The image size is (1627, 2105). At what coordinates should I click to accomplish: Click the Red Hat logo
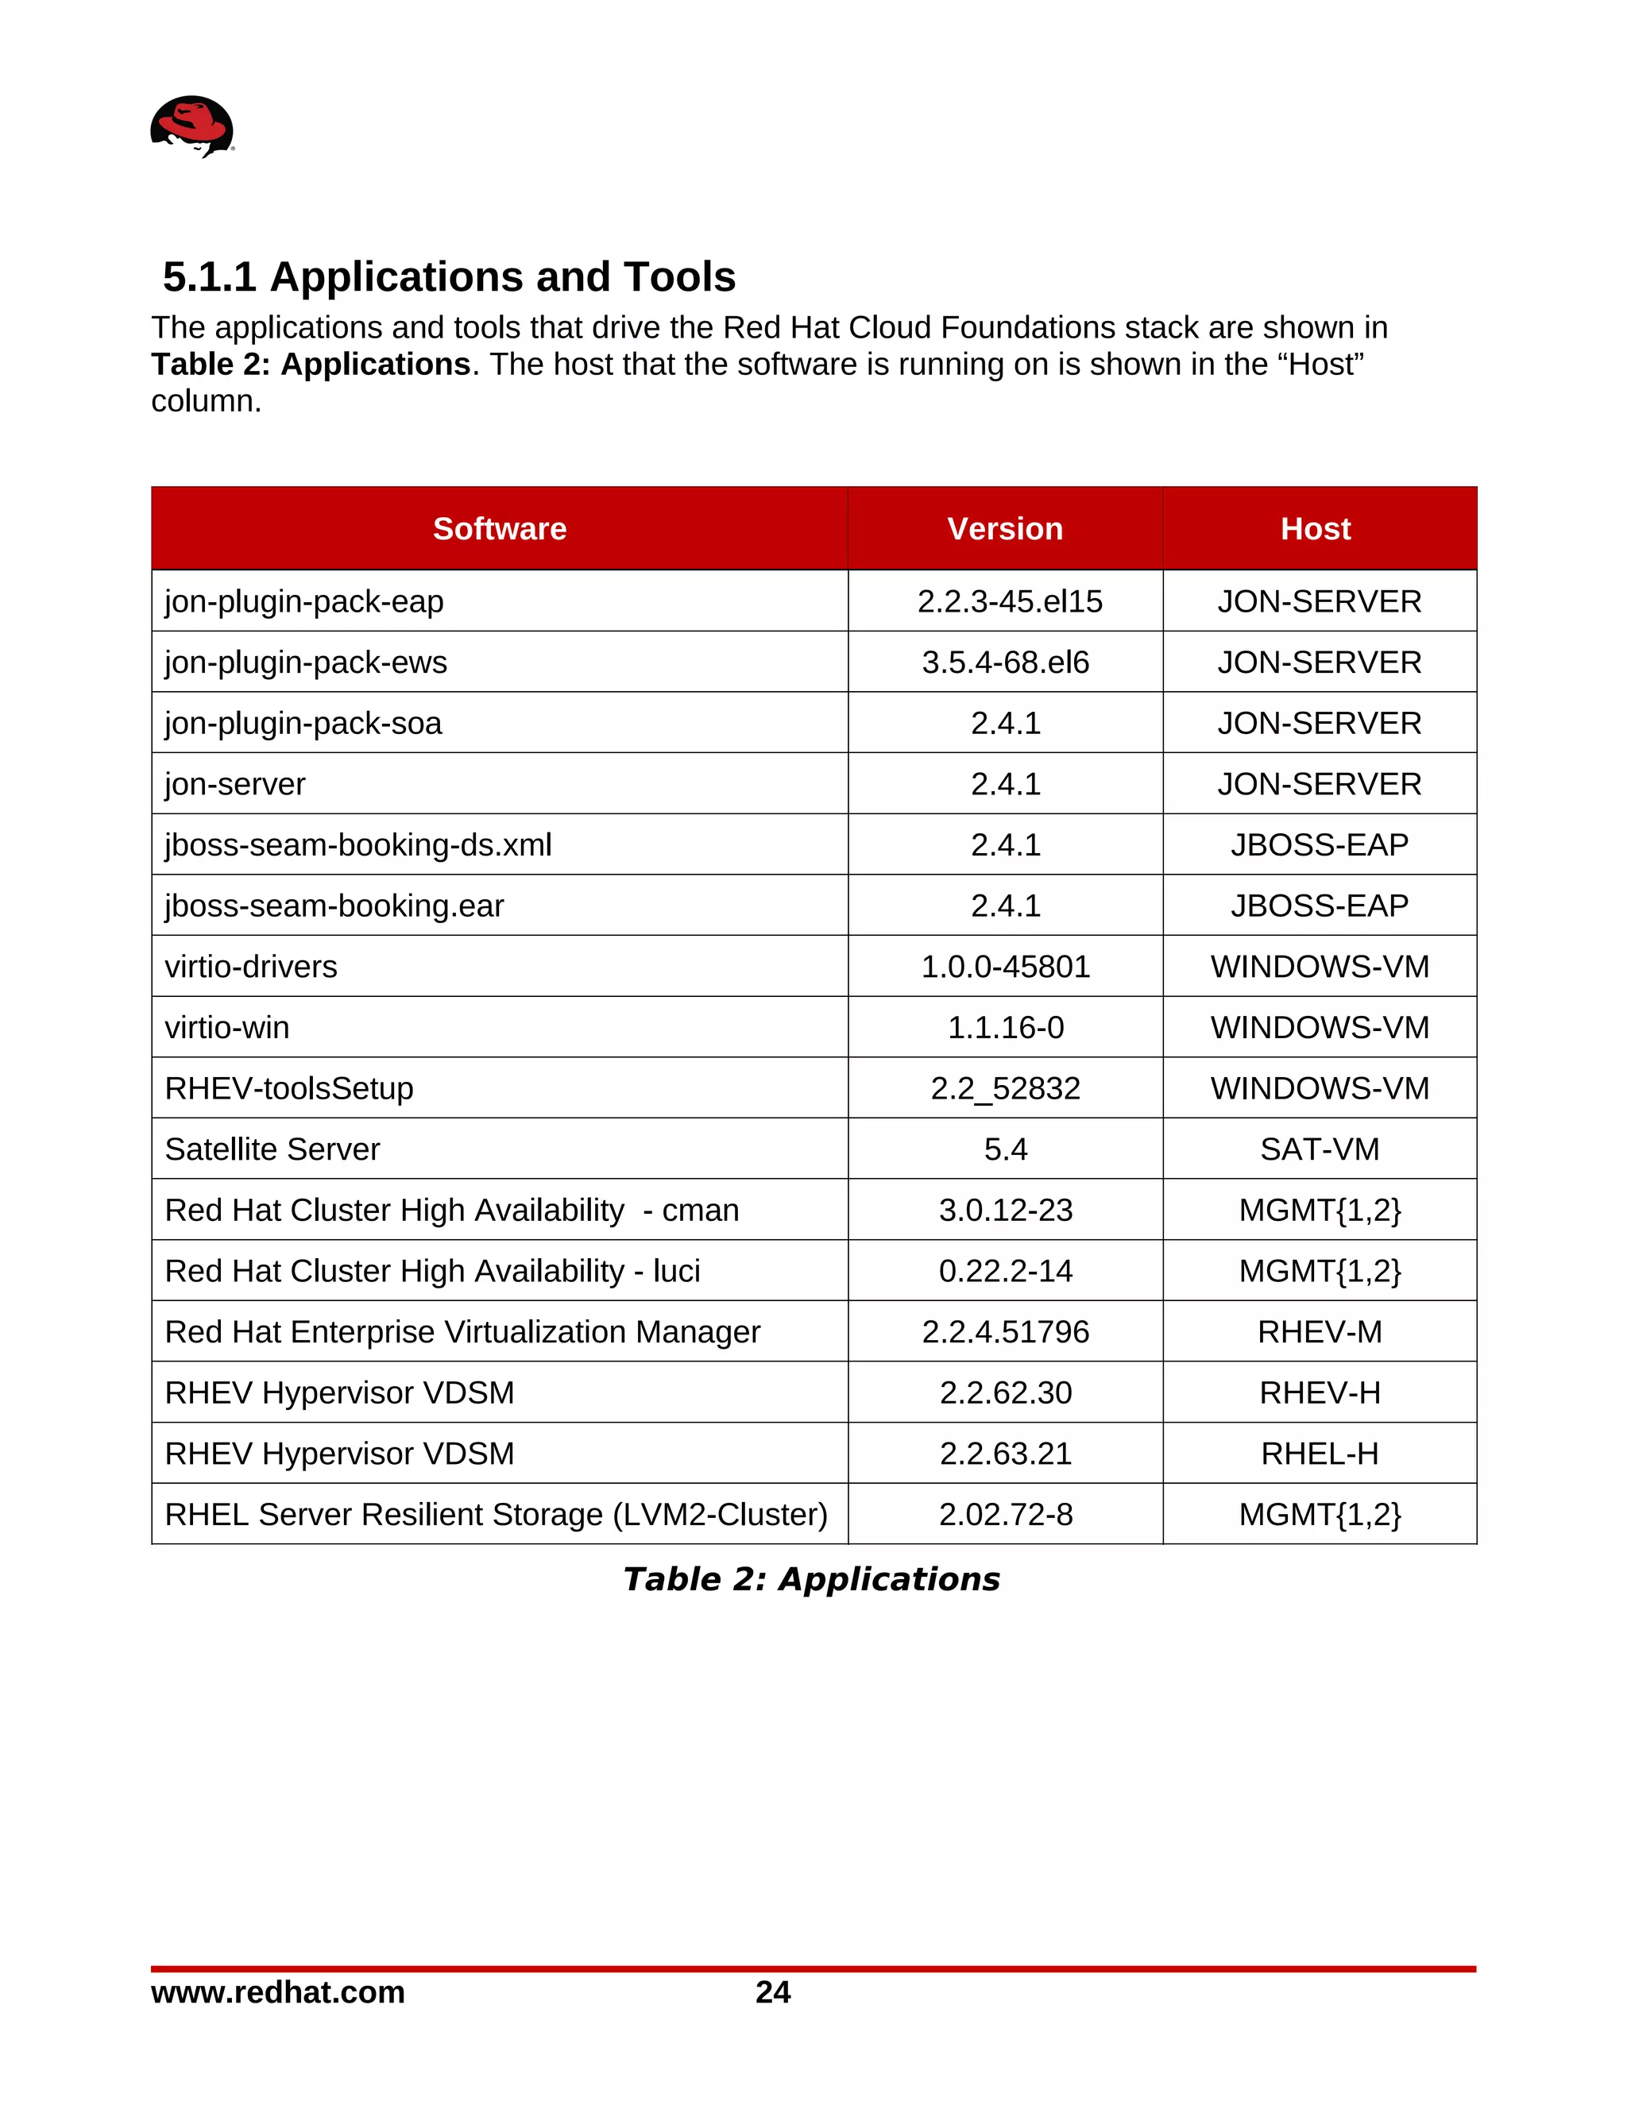pyautogui.click(x=191, y=126)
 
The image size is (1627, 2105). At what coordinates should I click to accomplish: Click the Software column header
pyautogui.click(x=499, y=528)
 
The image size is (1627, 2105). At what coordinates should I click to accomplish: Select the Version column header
pyautogui.click(x=1004, y=528)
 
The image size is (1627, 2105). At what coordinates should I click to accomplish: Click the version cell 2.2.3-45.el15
pyautogui.click(x=1009, y=601)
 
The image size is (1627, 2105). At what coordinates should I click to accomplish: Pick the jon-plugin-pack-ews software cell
pyautogui.click(x=306, y=662)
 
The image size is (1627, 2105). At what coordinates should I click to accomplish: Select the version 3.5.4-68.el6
pyautogui.click(x=1004, y=662)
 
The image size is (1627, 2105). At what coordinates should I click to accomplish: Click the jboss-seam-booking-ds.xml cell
pyautogui.click(x=357, y=844)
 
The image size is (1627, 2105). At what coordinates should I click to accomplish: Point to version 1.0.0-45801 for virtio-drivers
pyautogui.click(x=1004, y=966)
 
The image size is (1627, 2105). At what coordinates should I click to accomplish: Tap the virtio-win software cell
pyautogui.click(x=226, y=1027)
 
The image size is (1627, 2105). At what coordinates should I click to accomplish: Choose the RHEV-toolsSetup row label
pyautogui.click(x=288, y=1088)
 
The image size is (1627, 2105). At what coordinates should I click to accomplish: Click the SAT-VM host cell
pyautogui.click(x=1319, y=1149)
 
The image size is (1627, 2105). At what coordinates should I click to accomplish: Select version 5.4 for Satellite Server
pyautogui.click(x=1004, y=1149)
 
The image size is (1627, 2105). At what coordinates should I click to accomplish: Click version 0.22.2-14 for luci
pyautogui.click(x=1004, y=1270)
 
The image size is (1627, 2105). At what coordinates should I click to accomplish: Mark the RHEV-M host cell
pyautogui.click(x=1319, y=1331)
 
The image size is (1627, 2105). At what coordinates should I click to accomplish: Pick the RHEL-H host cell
pyautogui.click(x=1319, y=1454)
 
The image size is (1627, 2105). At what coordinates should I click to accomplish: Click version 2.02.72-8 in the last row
pyautogui.click(x=1004, y=1514)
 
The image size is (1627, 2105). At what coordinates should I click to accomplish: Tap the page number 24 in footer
pyautogui.click(x=772, y=1992)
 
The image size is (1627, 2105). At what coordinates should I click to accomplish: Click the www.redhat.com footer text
pyautogui.click(x=277, y=1992)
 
